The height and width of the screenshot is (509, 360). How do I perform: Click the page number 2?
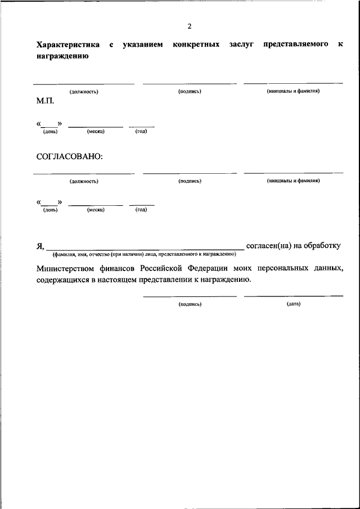click(190, 26)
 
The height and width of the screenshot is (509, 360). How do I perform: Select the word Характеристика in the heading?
click(68, 44)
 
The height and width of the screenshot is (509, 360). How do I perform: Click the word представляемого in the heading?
click(295, 44)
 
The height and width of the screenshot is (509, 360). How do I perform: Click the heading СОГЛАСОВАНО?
click(70, 156)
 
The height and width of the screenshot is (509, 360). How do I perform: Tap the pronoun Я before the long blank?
click(39, 245)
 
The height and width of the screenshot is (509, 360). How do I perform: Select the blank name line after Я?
click(145, 247)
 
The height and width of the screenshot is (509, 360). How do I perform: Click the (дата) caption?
click(293, 304)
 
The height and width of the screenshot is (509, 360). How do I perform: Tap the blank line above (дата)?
click(293, 296)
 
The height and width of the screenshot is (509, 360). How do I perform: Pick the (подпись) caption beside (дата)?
click(190, 304)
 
